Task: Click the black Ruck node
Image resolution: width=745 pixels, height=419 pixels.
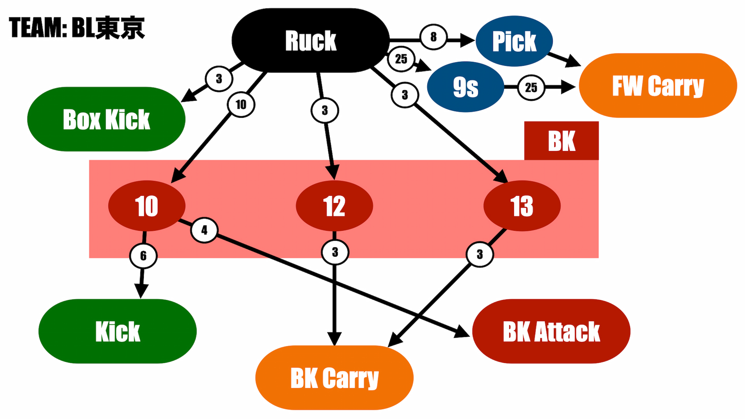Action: (311, 40)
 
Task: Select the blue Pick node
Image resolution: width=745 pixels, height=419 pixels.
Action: (514, 41)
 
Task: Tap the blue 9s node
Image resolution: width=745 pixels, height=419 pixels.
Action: (465, 87)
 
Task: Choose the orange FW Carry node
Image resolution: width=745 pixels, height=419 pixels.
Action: (658, 85)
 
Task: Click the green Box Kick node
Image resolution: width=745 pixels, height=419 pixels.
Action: (106, 119)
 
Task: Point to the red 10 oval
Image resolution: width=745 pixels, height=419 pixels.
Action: (147, 206)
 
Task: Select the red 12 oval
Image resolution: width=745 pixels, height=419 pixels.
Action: (334, 206)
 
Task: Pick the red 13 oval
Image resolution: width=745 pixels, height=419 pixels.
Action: (522, 206)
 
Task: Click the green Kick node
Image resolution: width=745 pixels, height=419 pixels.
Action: (118, 332)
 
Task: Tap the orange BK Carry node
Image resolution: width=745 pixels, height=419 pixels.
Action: (334, 378)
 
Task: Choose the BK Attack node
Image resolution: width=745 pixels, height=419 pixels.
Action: (551, 332)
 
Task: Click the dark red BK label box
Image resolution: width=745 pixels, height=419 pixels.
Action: (561, 141)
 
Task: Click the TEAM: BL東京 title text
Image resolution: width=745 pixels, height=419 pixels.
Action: (77, 28)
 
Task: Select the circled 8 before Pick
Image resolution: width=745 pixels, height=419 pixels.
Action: (433, 37)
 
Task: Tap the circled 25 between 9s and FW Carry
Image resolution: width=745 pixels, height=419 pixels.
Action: (531, 87)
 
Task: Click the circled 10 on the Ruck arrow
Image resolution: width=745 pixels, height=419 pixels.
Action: (241, 104)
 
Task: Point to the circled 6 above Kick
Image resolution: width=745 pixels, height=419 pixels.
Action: (143, 256)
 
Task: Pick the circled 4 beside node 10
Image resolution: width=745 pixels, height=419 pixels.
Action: (204, 230)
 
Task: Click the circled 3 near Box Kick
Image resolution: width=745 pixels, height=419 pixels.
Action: (219, 79)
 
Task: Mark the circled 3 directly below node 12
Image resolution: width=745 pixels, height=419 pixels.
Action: (335, 252)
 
